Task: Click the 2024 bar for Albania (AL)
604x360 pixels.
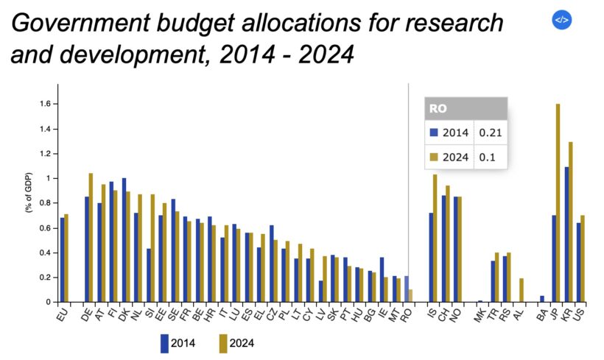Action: click(x=521, y=290)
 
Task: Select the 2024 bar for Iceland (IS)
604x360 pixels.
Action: click(x=435, y=238)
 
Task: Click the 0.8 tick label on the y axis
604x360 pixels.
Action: click(x=43, y=203)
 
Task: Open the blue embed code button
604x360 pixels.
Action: click(x=561, y=20)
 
